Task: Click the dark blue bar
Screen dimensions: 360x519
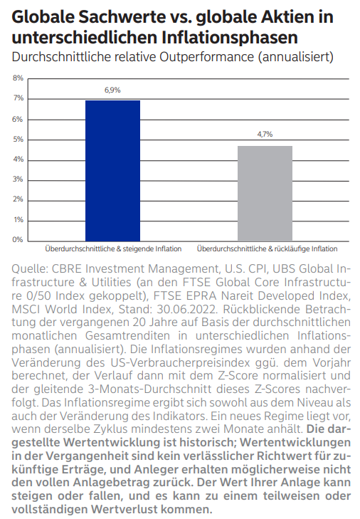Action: point(112,171)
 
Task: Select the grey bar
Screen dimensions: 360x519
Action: point(265,194)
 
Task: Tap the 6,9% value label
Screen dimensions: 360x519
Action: point(112,90)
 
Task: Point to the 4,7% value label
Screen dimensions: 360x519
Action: point(265,134)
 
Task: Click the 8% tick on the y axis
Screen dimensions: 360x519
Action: point(18,78)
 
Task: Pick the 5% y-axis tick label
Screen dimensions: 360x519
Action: point(18,140)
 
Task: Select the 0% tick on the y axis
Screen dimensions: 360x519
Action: point(18,239)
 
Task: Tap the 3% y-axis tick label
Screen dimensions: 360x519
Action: point(18,179)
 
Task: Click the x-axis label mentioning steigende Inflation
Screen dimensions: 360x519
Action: point(113,249)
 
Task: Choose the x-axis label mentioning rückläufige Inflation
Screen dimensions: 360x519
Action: point(268,249)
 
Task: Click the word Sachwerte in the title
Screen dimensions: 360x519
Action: point(122,17)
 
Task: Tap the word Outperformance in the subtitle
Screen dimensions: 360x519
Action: point(207,57)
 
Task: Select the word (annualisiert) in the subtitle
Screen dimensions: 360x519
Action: point(295,57)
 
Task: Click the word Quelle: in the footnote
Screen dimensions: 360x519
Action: point(30,269)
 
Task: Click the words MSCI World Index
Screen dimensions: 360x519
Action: point(62,309)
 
